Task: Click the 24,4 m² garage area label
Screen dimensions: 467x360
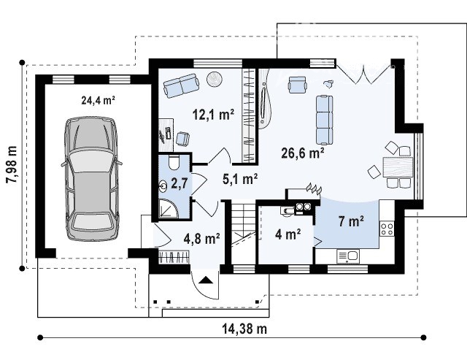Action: [x=99, y=101]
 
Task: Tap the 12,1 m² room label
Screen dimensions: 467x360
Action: [x=213, y=114]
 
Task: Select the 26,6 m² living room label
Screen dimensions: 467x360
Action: [x=303, y=153]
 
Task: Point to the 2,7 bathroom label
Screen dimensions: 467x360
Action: [x=180, y=183]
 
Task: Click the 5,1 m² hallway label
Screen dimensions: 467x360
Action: [x=240, y=179]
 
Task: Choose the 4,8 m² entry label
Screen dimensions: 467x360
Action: [x=202, y=238]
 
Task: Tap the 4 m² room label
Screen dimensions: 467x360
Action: [x=288, y=234]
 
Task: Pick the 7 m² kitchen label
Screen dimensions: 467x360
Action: [x=351, y=221]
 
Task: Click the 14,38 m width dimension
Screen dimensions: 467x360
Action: [x=244, y=329]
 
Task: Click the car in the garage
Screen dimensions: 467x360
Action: [x=91, y=178]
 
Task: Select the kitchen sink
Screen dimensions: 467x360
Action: [x=348, y=256]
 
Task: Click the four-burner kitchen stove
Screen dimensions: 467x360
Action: [x=387, y=229]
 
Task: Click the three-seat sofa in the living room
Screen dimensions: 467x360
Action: [x=324, y=120]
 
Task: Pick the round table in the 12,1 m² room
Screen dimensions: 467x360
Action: [x=215, y=80]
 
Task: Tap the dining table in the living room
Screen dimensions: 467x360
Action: [x=398, y=167]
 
